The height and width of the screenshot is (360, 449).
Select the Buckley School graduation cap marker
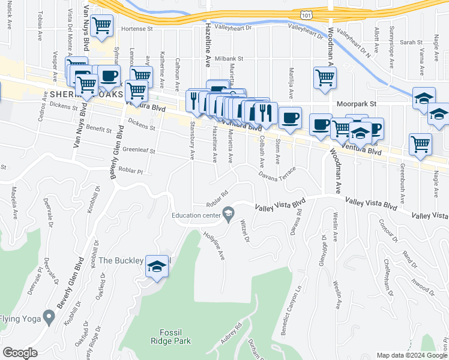point(156,266)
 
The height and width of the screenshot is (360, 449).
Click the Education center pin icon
point(228,214)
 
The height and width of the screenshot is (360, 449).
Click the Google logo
point(20,353)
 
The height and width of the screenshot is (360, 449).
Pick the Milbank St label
point(229,59)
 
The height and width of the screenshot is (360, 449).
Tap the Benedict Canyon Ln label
point(293,314)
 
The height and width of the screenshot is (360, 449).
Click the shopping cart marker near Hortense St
point(102,26)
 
